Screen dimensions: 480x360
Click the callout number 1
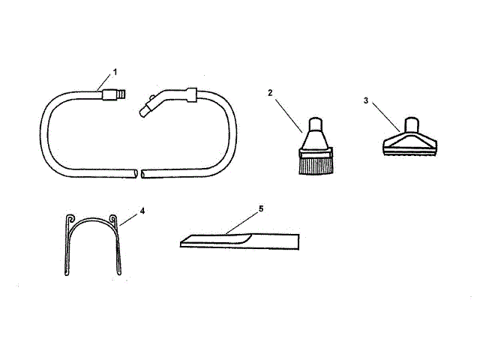point(115,72)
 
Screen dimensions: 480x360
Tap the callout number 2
point(270,93)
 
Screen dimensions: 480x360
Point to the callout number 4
point(142,211)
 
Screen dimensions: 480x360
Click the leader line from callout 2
point(287,113)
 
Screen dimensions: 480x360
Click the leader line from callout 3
point(385,115)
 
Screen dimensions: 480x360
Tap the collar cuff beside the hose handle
point(190,94)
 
